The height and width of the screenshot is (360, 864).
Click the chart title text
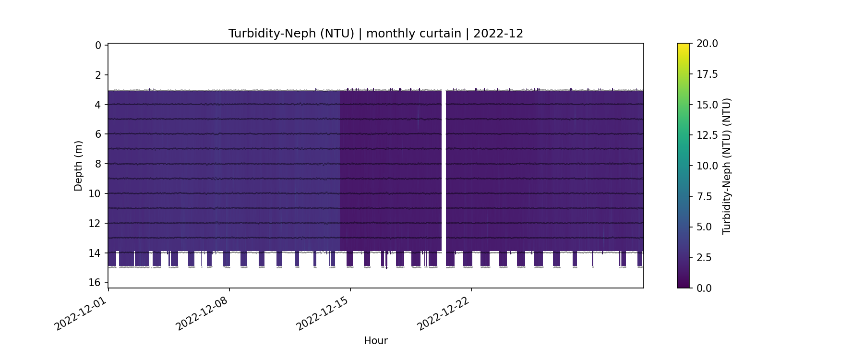pyautogui.click(x=375, y=34)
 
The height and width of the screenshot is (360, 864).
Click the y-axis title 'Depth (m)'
pyautogui.click(x=78, y=166)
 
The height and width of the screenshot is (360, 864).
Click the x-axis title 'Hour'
pyautogui.click(x=375, y=341)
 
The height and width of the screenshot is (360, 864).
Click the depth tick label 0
pyautogui.click(x=98, y=46)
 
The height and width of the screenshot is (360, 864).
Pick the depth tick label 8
pyautogui.click(x=98, y=164)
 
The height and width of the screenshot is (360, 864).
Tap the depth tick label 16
pyautogui.click(x=95, y=282)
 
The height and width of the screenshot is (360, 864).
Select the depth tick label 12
pyautogui.click(x=95, y=223)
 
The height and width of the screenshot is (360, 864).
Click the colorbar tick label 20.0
pyautogui.click(x=707, y=44)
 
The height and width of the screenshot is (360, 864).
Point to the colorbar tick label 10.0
pyautogui.click(x=707, y=166)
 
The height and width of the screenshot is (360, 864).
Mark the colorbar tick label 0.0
pyautogui.click(x=704, y=288)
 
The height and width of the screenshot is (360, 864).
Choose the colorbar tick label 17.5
pyautogui.click(x=707, y=74)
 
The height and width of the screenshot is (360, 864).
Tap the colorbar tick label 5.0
pyautogui.click(x=704, y=227)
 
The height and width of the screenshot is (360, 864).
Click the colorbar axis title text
pyautogui.click(x=727, y=166)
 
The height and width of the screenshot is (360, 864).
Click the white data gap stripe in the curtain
pyautogui.click(x=444, y=168)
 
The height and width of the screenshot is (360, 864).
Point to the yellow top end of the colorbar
pyautogui.click(x=683, y=46)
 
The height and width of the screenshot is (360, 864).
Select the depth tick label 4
pyautogui.click(x=98, y=105)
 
